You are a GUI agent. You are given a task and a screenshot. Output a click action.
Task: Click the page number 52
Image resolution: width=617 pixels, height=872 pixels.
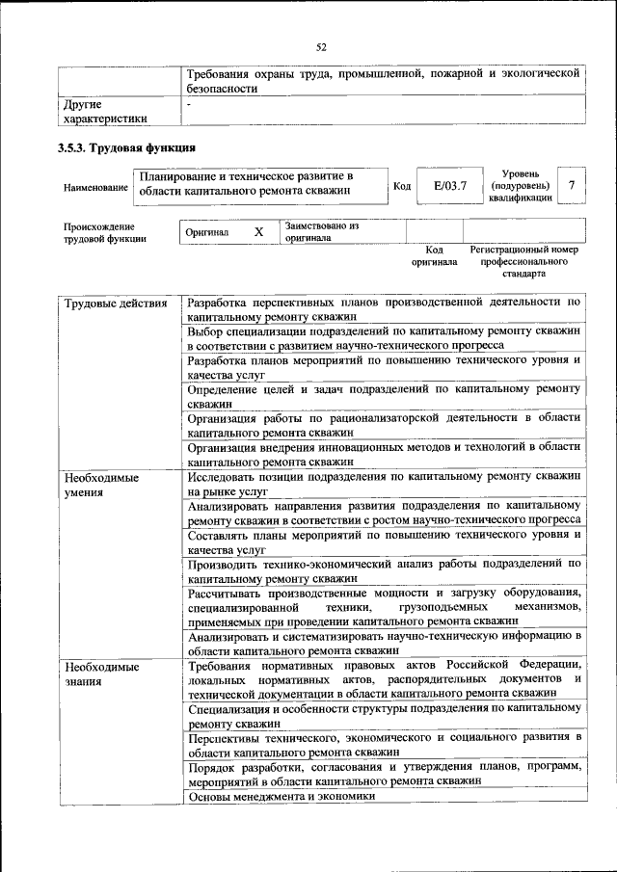coord(321,45)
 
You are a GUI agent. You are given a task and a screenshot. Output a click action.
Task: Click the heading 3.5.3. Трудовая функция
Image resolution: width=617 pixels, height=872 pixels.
coord(127,148)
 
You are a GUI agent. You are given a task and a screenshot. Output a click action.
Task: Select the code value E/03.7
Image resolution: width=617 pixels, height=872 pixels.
coord(449,186)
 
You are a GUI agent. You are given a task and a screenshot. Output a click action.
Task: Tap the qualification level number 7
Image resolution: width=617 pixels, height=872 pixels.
coord(573,185)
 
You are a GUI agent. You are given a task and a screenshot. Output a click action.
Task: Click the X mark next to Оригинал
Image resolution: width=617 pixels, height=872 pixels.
coord(258,233)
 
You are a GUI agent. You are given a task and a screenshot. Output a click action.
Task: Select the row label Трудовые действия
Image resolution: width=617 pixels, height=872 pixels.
coord(109,304)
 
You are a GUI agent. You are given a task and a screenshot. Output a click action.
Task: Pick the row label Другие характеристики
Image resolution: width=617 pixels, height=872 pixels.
coord(105,111)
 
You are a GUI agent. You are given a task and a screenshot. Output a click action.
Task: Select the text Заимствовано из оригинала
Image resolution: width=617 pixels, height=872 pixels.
coord(321,232)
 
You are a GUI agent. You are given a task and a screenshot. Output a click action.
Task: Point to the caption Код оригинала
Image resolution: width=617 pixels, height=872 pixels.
coord(434,255)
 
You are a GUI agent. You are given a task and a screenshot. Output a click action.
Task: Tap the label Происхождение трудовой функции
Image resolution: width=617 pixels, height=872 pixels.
coord(105,232)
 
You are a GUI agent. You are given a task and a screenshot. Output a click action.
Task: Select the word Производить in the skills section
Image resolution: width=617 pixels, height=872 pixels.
coord(228,564)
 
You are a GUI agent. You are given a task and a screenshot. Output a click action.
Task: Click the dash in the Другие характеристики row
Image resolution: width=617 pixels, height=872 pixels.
coord(190,102)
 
